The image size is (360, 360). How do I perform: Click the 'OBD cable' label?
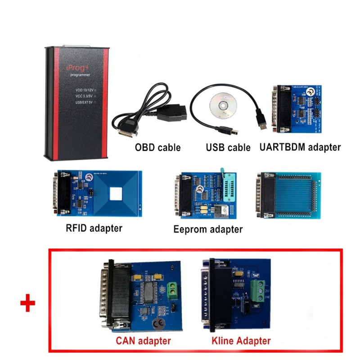click(x=158, y=147)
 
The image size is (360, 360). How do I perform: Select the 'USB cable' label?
click(x=228, y=147)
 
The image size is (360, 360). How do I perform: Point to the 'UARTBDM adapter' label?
click(x=300, y=147)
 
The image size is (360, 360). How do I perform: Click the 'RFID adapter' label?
click(x=94, y=228)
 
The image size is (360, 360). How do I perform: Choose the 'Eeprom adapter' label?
click(x=208, y=229)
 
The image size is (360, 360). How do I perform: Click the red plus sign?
click(x=28, y=304)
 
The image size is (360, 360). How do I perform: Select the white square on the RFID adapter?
click(x=116, y=194)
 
